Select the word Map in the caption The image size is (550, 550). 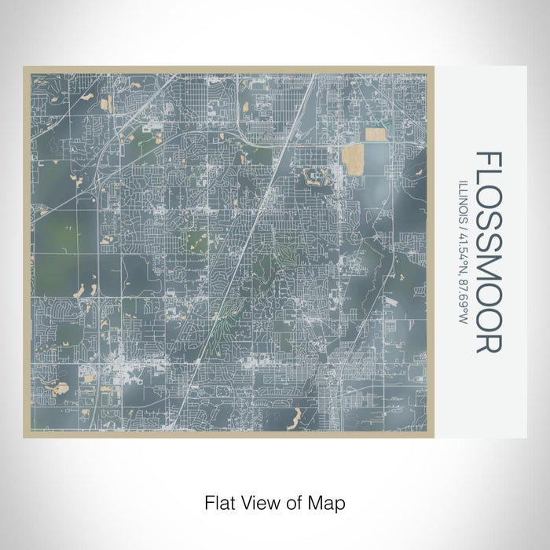coord(327,501)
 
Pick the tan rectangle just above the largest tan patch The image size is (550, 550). coord(375,136)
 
